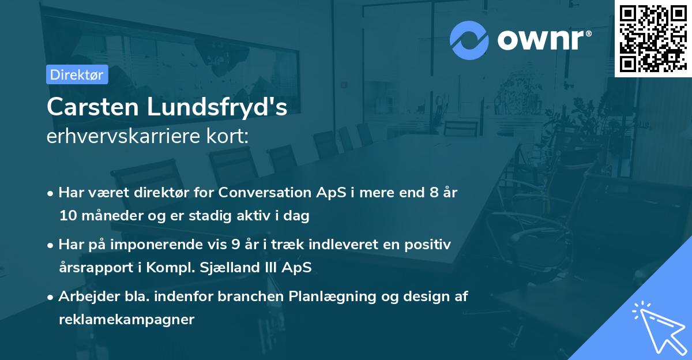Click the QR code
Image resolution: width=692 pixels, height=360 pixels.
point(652,38)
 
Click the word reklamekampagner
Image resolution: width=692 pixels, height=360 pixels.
point(126,320)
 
